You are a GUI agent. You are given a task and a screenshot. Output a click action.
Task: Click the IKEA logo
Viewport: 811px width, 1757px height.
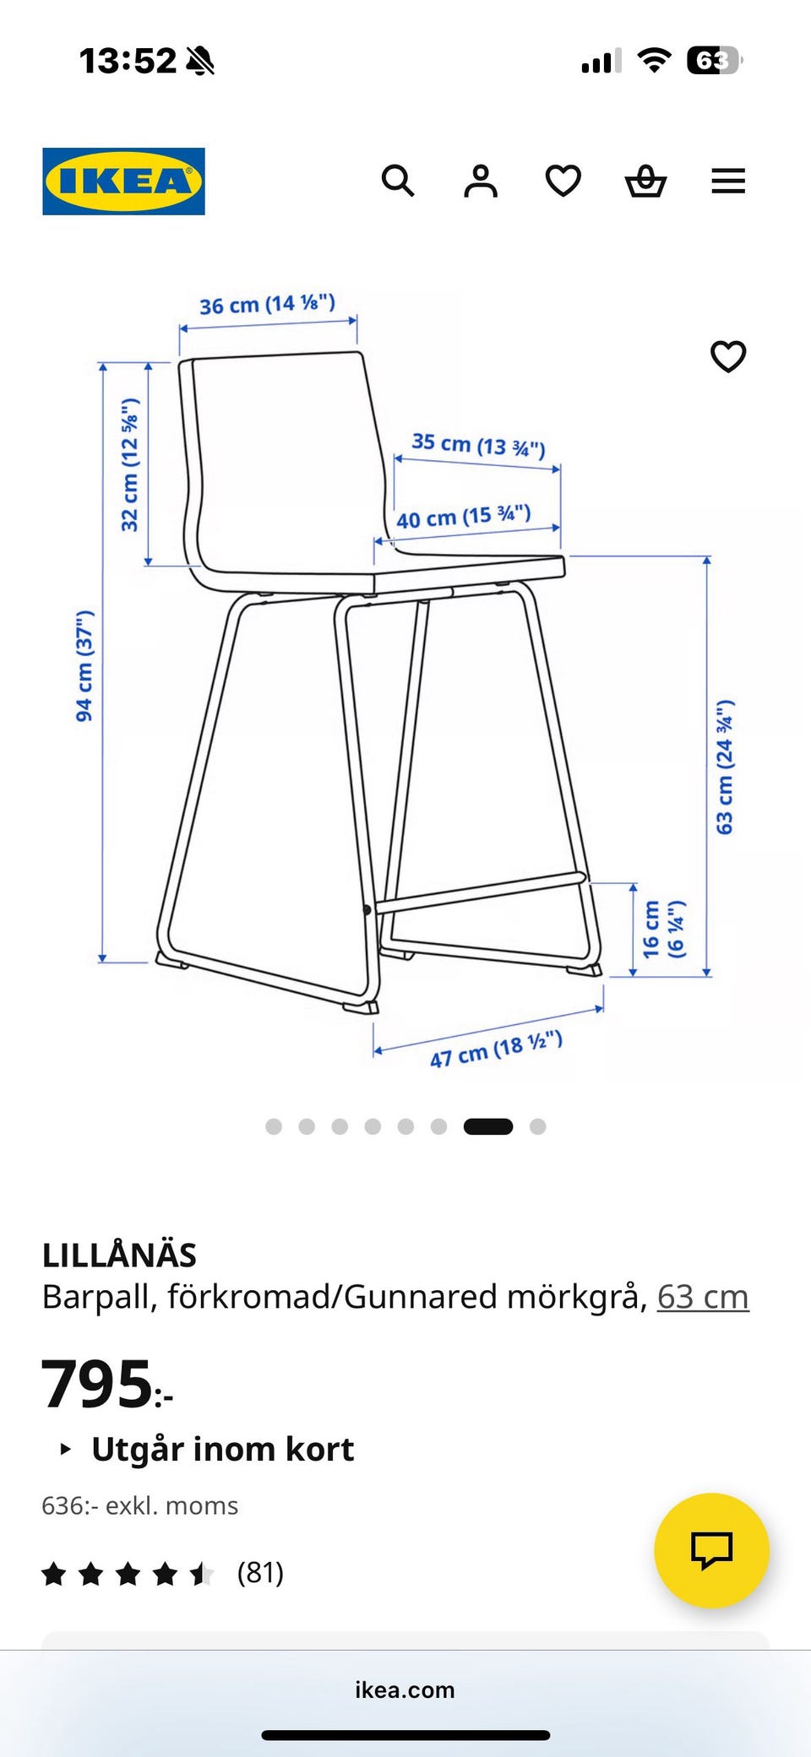[x=123, y=182]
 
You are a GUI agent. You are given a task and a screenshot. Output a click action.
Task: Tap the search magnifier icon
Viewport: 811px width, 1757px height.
[x=398, y=181]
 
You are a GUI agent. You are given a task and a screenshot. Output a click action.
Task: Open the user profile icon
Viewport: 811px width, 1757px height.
[x=481, y=181]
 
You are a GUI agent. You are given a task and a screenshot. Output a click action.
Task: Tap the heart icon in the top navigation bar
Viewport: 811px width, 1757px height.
[x=563, y=181]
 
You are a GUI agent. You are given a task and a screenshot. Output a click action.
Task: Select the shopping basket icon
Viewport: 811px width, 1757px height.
[x=646, y=181]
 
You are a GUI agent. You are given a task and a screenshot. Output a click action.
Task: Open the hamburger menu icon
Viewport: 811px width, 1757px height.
[x=728, y=181]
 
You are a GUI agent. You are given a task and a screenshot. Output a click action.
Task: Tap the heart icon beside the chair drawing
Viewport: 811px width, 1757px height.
[x=728, y=356]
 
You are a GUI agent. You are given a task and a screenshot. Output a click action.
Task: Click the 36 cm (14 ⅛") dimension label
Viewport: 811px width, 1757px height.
[x=267, y=304]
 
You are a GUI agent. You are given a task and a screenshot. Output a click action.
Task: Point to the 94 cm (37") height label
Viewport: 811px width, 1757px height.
[x=85, y=666]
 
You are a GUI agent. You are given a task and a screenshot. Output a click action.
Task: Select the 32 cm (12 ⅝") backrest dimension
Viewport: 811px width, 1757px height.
[x=130, y=465]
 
